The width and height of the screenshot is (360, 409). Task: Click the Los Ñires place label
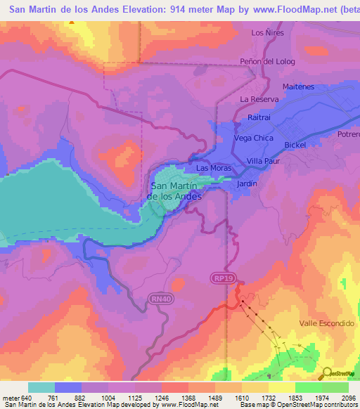pos(266,33)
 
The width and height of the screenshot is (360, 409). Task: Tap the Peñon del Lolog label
pos(267,61)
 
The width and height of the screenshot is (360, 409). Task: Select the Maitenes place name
pos(298,86)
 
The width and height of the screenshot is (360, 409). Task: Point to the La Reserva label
pos(259,99)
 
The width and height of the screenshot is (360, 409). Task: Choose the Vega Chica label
pos(253,138)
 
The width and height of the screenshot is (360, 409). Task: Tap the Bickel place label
pos(295,145)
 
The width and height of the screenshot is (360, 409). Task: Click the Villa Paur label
pos(263,161)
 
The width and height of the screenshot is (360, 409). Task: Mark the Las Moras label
pos(213,169)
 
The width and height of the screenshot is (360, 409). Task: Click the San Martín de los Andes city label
pos(176,191)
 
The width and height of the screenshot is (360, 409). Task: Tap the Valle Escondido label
pos(326,323)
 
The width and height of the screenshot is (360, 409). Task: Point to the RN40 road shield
pos(160,299)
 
